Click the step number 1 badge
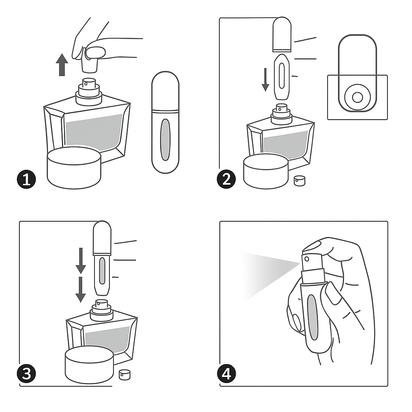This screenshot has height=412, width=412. click(26, 180)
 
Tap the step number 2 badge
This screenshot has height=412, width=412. click(226, 180)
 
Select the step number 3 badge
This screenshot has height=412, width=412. click(26, 374)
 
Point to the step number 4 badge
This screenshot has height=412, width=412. click(227, 374)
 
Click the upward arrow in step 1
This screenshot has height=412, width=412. click(62, 65)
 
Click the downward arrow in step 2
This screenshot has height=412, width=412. click(266, 80)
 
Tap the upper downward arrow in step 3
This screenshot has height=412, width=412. click(80, 261)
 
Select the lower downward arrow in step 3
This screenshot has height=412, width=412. click(80, 289)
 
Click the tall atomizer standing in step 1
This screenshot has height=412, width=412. click(165, 122)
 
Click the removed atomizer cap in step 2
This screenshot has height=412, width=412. click(282, 34)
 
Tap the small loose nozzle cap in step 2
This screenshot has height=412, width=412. click(299, 181)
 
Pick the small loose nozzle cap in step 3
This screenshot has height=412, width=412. click(125, 375)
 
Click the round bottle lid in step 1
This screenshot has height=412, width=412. click(74, 168)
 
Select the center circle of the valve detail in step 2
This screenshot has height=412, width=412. click(357, 97)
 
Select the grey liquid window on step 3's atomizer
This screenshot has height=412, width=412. click(102, 271)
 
